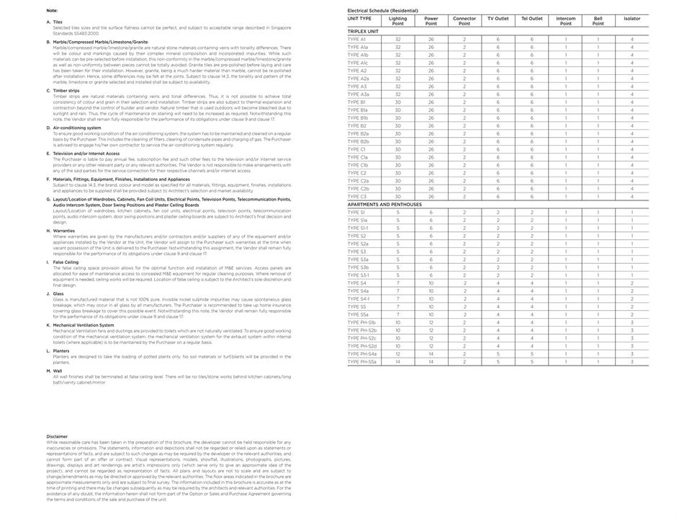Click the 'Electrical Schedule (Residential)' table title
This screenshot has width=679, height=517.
click(x=382, y=11)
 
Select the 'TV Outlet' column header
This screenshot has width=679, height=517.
click(x=498, y=19)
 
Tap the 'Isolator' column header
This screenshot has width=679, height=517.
click(x=631, y=19)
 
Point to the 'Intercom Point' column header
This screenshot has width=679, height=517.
click(x=565, y=21)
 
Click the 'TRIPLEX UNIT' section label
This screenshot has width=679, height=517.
click(x=363, y=32)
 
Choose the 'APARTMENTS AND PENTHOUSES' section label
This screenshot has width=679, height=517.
click(x=385, y=205)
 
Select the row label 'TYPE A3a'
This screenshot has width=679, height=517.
click(x=359, y=94)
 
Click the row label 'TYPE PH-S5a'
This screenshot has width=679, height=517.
click(x=362, y=362)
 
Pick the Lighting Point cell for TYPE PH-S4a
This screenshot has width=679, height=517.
click(x=397, y=354)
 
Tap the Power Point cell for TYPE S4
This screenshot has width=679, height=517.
click(x=431, y=283)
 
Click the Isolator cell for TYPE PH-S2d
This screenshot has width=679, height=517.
click(x=631, y=346)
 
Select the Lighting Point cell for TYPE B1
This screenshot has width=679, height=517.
click(x=397, y=102)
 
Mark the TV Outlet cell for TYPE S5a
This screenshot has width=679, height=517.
click(x=498, y=315)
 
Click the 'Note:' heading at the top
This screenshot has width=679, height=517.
click(x=52, y=11)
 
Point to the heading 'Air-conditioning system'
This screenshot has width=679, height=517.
click(x=77, y=128)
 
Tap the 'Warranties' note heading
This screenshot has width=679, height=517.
click(x=63, y=231)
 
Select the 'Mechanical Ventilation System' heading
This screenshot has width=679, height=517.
click(x=83, y=325)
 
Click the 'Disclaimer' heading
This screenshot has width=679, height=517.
click(x=57, y=436)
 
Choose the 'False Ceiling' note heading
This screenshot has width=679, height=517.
click(x=66, y=262)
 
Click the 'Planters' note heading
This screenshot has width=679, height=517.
click(x=61, y=351)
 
